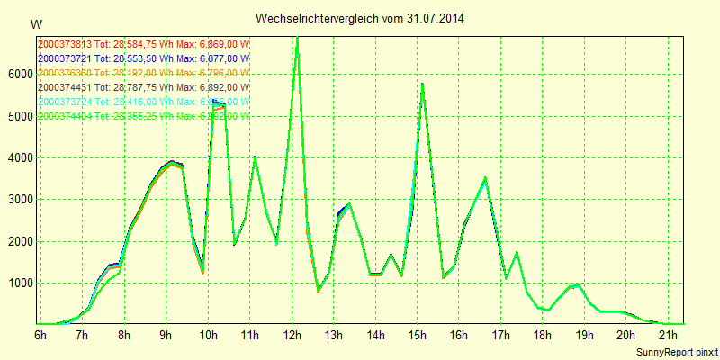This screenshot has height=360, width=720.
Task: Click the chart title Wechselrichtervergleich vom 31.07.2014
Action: (360, 18)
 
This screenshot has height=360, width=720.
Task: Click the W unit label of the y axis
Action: (36, 23)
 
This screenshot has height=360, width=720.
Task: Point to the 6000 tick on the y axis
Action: (19, 75)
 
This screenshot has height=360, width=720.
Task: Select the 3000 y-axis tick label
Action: (19, 200)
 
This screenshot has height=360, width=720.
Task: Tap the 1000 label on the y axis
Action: (19, 283)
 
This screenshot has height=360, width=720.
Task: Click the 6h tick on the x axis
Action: (40, 336)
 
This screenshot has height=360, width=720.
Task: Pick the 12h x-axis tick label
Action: (291, 336)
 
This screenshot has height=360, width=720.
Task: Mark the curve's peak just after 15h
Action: (422, 85)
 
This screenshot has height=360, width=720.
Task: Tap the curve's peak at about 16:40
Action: (485, 178)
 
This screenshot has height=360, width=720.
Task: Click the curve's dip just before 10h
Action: (202, 271)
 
